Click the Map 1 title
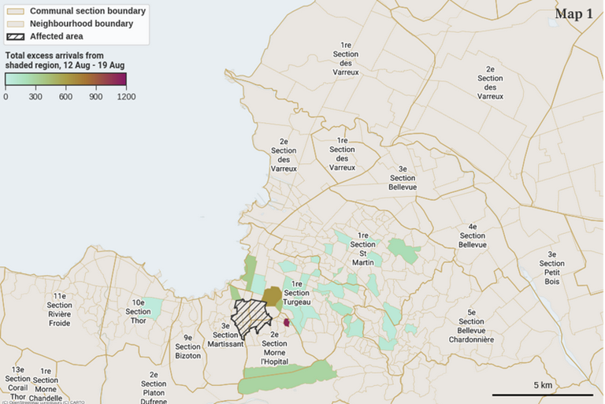[x=573, y=13]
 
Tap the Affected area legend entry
[x=56, y=36]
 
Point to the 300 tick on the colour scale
[x=35, y=97]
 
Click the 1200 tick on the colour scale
[x=126, y=97]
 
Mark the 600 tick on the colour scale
[x=65, y=97]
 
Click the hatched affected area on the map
[x=251, y=318]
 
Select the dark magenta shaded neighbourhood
[x=287, y=322]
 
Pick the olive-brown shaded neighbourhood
[x=272, y=297]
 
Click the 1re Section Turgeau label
[x=297, y=293]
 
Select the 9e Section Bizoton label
[x=187, y=347]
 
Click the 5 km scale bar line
[x=543, y=394]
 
